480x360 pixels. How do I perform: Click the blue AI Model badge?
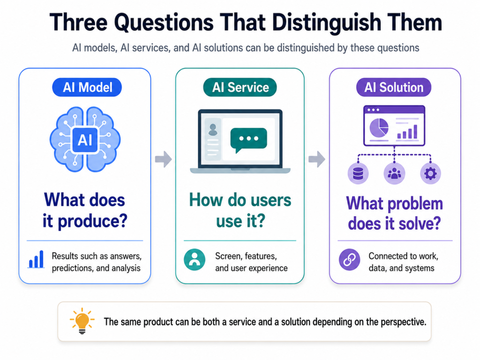click(87, 87)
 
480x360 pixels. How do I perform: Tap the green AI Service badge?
click(240, 87)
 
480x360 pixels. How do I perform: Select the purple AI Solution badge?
click(394, 87)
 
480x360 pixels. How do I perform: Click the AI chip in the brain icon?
click(85, 140)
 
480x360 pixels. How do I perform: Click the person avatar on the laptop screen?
click(213, 129)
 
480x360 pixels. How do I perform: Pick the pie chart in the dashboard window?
click(379, 127)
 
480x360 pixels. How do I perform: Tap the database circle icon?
click(358, 173)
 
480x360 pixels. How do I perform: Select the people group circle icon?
click(394, 173)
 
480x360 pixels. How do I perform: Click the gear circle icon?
click(430, 173)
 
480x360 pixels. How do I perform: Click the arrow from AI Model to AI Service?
click(163, 159)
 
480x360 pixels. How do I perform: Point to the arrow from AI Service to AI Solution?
click(316, 159)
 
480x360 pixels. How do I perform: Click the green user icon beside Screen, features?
click(195, 260)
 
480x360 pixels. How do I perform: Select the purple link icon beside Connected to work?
click(349, 260)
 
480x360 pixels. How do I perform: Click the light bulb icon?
click(82, 321)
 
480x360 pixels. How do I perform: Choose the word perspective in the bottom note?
click(403, 322)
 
